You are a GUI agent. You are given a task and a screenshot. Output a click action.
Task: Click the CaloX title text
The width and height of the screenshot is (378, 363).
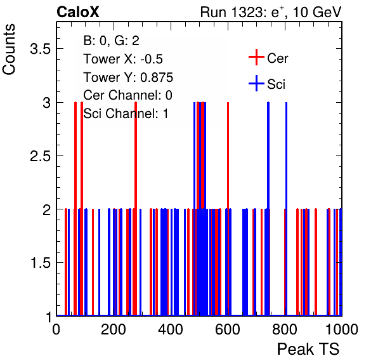tap(78, 12)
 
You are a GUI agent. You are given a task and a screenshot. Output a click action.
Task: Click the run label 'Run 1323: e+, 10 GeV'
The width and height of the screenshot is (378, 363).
tap(271, 12)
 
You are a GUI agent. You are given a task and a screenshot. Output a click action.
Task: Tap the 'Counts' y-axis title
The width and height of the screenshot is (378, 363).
tap(9, 49)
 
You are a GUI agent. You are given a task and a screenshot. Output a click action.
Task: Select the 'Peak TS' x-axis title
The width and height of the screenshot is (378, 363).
tap(308, 349)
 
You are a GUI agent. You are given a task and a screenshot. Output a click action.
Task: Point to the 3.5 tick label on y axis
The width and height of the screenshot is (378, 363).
tap(41, 49)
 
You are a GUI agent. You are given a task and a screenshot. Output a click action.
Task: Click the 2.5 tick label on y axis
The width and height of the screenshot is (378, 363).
tap(41, 156)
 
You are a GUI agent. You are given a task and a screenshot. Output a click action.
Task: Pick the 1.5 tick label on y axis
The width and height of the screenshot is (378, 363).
tap(41, 263)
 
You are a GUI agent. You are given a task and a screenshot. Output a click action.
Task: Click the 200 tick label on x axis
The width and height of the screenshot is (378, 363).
tap(114, 329)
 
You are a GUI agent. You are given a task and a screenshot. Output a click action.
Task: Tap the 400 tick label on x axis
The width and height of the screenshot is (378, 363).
tap(171, 329)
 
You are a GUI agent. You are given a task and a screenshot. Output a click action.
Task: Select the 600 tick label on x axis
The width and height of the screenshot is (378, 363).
tap(228, 329)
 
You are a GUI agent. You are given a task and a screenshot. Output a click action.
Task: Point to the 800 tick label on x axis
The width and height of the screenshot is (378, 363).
tap(285, 329)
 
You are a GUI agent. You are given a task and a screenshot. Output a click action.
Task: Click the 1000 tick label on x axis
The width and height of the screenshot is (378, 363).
tap(342, 329)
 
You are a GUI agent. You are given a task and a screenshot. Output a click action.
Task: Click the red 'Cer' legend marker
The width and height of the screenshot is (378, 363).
tap(256, 57)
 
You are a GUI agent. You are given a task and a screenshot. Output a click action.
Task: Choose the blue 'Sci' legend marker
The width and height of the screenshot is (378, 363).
tap(256, 84)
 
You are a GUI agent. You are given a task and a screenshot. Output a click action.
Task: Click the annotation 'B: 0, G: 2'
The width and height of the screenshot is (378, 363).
tap(111, 41)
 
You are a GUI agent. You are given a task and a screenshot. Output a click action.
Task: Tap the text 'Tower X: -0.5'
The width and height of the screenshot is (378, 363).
tap(123, 59)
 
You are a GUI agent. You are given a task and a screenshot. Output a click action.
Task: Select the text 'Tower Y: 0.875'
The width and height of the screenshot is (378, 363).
tap(128, 77)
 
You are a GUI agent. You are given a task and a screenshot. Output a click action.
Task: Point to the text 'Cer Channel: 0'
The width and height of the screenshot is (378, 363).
tap(127, 95)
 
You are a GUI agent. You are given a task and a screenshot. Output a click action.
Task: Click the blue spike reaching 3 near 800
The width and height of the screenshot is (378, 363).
tap(286, 209)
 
